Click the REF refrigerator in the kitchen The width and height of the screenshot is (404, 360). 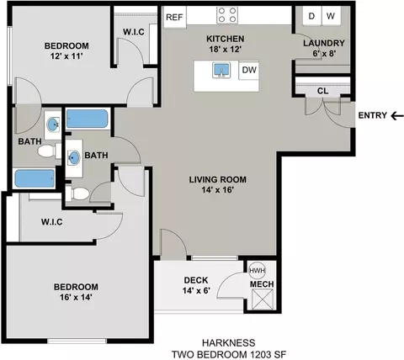(x=174, y=17)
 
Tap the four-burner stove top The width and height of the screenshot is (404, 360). (x=227, y=15)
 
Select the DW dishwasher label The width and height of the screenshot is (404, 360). (x=249, y=70)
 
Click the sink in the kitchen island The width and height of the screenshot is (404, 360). (x=221, y=70)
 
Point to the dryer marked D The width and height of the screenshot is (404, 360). (x=311, y=16)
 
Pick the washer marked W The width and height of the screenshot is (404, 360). (x=331, y=16)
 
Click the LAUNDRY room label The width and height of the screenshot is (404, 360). (x=324, y=43)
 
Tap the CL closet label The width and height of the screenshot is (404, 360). (x=323, y=91)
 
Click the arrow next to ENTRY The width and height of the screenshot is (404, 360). (x=397, y=115)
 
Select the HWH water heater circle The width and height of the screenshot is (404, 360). (x=258, y=271)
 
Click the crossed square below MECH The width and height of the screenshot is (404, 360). (x=263, y=299)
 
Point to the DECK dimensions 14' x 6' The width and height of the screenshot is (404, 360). (x=196, y=291)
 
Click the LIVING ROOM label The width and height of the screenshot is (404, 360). (x=218, y=179)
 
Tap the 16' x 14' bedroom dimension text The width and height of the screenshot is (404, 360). (x=76, y=297)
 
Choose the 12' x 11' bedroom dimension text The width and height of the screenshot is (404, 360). (x=66, y=56)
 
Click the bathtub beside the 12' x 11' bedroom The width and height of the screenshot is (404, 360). (x=88, y=119)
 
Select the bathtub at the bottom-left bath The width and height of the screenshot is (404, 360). (x=35, y=178)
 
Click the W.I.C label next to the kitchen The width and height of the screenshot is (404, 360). (x=134, y=32)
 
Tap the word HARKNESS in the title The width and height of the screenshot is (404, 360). (x=229, y=342)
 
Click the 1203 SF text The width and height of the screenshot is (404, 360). (x=268, y=354)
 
